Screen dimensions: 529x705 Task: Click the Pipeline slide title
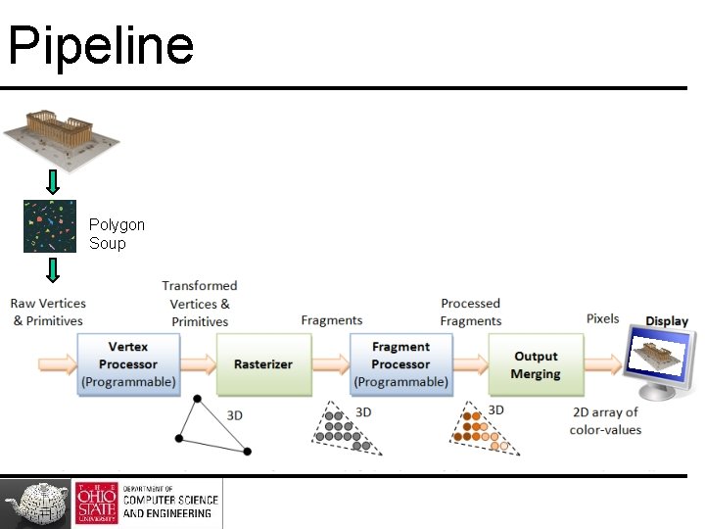point(101,46)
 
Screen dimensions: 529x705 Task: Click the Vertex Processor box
point(127,364)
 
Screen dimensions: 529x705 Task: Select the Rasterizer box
point(262,364)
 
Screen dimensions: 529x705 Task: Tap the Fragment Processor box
point(400,364)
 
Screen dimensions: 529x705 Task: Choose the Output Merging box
point(535,364)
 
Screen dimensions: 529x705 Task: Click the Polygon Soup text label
point(117,234)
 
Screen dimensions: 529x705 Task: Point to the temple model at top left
point(61,132)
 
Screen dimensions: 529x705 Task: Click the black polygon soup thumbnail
point(49,226)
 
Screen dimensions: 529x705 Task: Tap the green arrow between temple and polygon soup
point(53,181)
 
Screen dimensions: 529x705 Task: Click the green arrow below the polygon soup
point(53,269)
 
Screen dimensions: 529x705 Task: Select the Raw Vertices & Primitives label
point(49,313)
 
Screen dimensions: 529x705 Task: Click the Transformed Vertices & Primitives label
point(200,303)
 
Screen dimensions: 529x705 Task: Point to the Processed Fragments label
point(470,313)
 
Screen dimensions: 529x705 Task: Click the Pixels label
point(602,318)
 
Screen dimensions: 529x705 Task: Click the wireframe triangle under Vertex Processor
point(211,427)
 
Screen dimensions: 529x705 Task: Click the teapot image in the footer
point(36,503)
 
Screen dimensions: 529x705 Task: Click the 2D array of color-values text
point(606,420)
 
